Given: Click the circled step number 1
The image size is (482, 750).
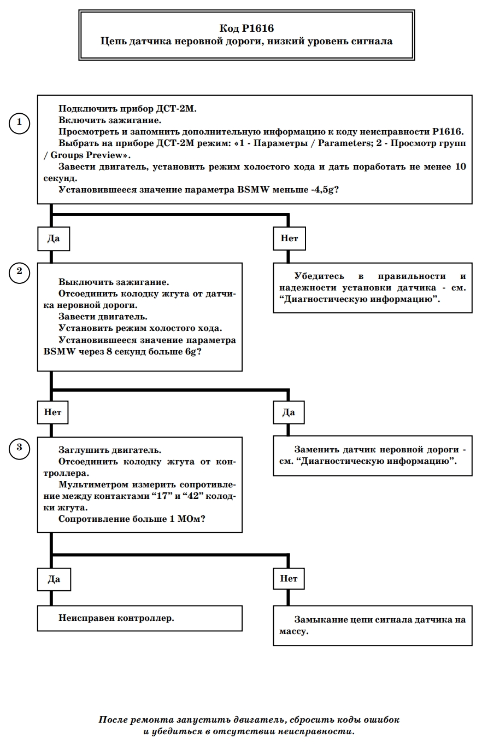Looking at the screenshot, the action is click(19, 123).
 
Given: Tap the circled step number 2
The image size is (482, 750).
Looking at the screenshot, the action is click(19, 272).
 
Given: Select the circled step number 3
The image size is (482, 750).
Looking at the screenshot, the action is click(19, 449).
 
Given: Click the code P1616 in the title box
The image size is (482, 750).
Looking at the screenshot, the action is click(257, 28).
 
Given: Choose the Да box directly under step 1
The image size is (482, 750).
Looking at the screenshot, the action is click(54, 239).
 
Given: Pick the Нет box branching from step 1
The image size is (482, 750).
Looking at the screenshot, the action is click(289, 239).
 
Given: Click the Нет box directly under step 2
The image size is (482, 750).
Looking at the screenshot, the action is click(53, 412).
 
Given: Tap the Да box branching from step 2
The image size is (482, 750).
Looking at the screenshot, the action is click(289, 412).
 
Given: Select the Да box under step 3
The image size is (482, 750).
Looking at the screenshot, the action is click(54, 579).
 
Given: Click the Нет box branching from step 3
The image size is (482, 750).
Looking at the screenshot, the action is click(289, 578).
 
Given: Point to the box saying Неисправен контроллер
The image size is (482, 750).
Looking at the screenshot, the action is click(140, 618).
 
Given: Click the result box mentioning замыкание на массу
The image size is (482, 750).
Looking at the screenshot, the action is click(373, 625).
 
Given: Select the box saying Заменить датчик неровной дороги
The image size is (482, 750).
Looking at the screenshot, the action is click(373, 455).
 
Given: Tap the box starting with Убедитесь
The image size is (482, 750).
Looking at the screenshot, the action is click(373, 288).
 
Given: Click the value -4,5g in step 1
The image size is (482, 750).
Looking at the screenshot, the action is click(322, 190).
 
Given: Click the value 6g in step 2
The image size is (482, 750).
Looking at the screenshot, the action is click(190, 352).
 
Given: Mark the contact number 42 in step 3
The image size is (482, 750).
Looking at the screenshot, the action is click(192, 496).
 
